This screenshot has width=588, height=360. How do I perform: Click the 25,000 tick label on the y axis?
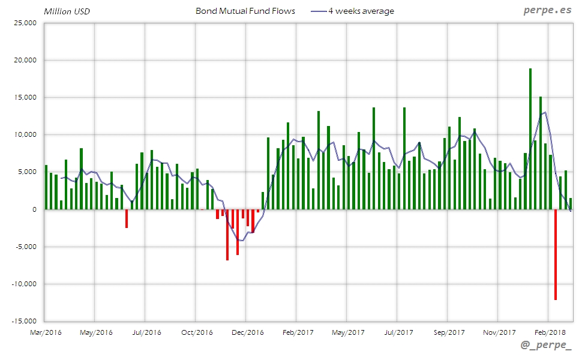(25, 23)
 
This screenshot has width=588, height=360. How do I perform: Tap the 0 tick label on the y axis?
(34, 209)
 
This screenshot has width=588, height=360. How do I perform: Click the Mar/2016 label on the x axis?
(46, 332)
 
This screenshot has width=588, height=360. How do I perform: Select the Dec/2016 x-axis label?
(247, 332)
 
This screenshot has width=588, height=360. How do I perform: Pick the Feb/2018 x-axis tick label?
(550, 332)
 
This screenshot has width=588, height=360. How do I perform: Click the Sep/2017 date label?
(449, 332)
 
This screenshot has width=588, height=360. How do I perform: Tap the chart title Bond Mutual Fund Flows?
(245, 11)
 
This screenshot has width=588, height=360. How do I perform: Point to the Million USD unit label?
(67, 11)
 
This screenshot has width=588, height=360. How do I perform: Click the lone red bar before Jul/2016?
(127, 218)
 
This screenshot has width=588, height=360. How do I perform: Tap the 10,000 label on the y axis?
(25, 135)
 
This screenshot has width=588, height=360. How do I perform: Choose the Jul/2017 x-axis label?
(398, 332)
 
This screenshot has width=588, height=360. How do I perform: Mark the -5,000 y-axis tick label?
(25, 247)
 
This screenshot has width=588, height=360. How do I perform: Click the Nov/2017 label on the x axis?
(499, 332)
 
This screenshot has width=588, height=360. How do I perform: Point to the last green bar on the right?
(571, 203)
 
